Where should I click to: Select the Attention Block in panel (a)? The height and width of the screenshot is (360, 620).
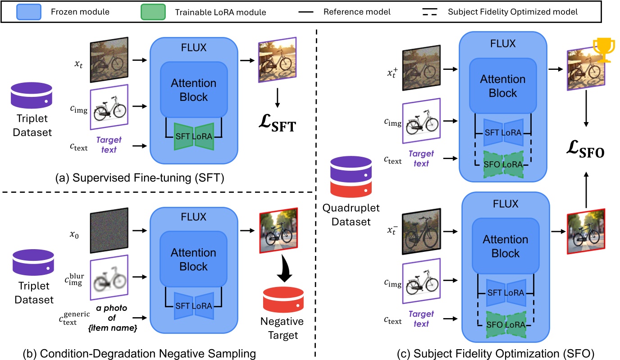click(194, 90)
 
